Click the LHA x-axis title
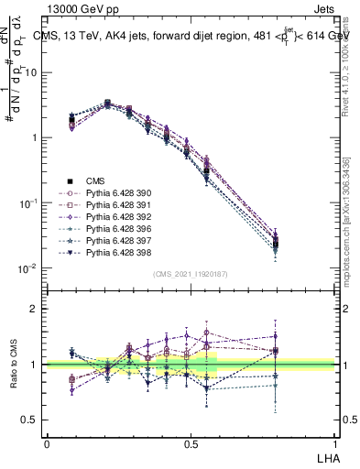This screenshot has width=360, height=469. click(x=327, y=455)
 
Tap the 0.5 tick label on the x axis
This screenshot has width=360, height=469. click(x=191, y=442)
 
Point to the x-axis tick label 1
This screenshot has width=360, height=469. click(x=334, y=442)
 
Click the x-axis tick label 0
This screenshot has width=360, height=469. click(x=47, y=442)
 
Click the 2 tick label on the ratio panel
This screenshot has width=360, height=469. click(x=34, y=309)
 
